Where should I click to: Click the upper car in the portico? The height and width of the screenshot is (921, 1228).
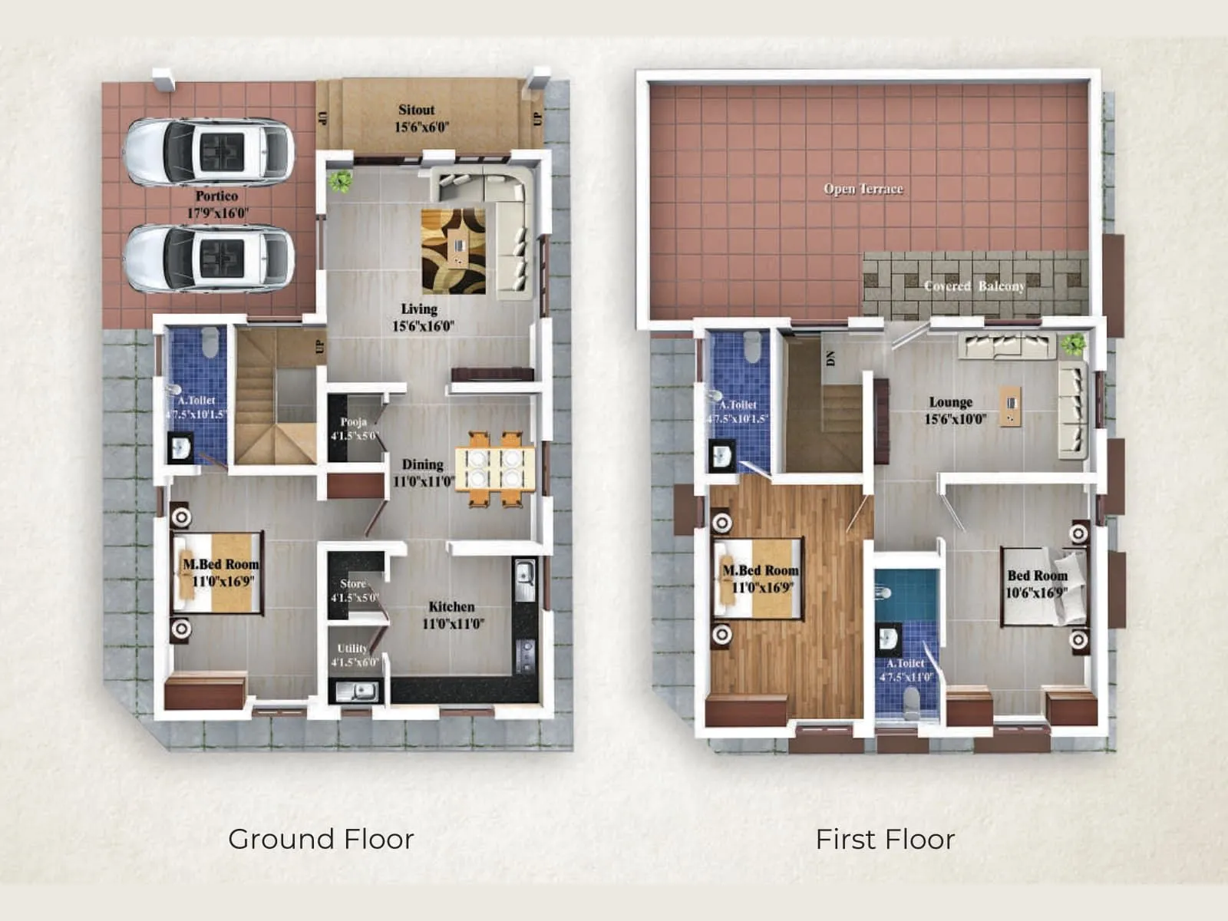tap(208, 151)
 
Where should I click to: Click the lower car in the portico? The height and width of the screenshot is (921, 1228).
tap(208, 258)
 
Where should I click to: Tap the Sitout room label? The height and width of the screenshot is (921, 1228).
tap(417, 110)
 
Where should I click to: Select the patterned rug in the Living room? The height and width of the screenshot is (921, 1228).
tap(454, 251)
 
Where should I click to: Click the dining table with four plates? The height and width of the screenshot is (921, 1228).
tap(495, 468)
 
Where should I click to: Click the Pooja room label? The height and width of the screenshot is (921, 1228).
tap(354, 421)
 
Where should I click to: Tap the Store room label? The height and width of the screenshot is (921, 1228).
tap(353, 583)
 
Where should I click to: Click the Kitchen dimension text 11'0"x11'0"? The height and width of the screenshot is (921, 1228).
tap(453, 623)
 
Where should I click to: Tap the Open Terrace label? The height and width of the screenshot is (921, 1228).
tap(863, 189)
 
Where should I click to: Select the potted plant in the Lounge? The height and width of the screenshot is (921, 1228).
tap(1073, 343)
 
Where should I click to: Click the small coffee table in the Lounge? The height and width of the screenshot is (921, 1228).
tap(1011, 405)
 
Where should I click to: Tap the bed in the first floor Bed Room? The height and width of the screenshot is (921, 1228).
tap(1044, 586)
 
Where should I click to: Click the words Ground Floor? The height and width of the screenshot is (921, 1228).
tap(321, 839)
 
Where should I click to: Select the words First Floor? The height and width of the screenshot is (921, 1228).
tap(885, 839)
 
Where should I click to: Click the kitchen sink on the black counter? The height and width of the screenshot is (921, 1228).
tap(525, 579)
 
